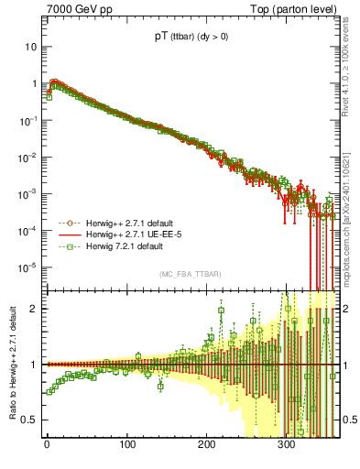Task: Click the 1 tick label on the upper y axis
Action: click(34, 83)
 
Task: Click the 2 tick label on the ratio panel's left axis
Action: click(34, 309)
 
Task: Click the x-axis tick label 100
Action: click(126, 447)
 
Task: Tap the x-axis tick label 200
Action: click(206, 447)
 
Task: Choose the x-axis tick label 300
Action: click(286, 447)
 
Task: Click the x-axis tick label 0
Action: click(47, 447)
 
